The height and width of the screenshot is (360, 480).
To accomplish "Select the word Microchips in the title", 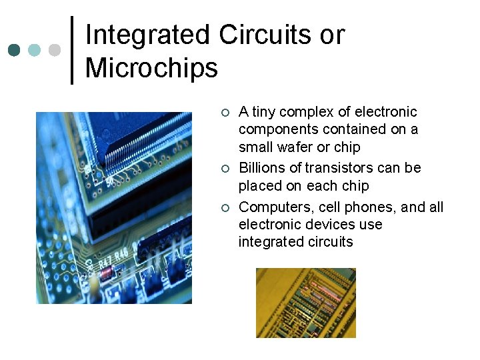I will tap(152, 68).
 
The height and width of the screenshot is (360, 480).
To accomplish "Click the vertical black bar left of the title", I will tap(72, 50).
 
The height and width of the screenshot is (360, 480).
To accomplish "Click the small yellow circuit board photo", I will tap(306, 303).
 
